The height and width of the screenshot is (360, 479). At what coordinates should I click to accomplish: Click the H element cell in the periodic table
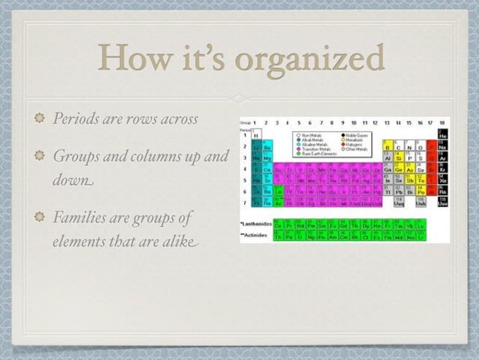257,134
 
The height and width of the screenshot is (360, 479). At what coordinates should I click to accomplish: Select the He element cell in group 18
443,134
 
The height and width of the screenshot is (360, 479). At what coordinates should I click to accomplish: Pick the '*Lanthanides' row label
255,224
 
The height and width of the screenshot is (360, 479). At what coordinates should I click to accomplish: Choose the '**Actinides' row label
254,235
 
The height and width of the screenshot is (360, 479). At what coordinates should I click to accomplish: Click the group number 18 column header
442,122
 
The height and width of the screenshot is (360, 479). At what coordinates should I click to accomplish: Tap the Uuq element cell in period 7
398,203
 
